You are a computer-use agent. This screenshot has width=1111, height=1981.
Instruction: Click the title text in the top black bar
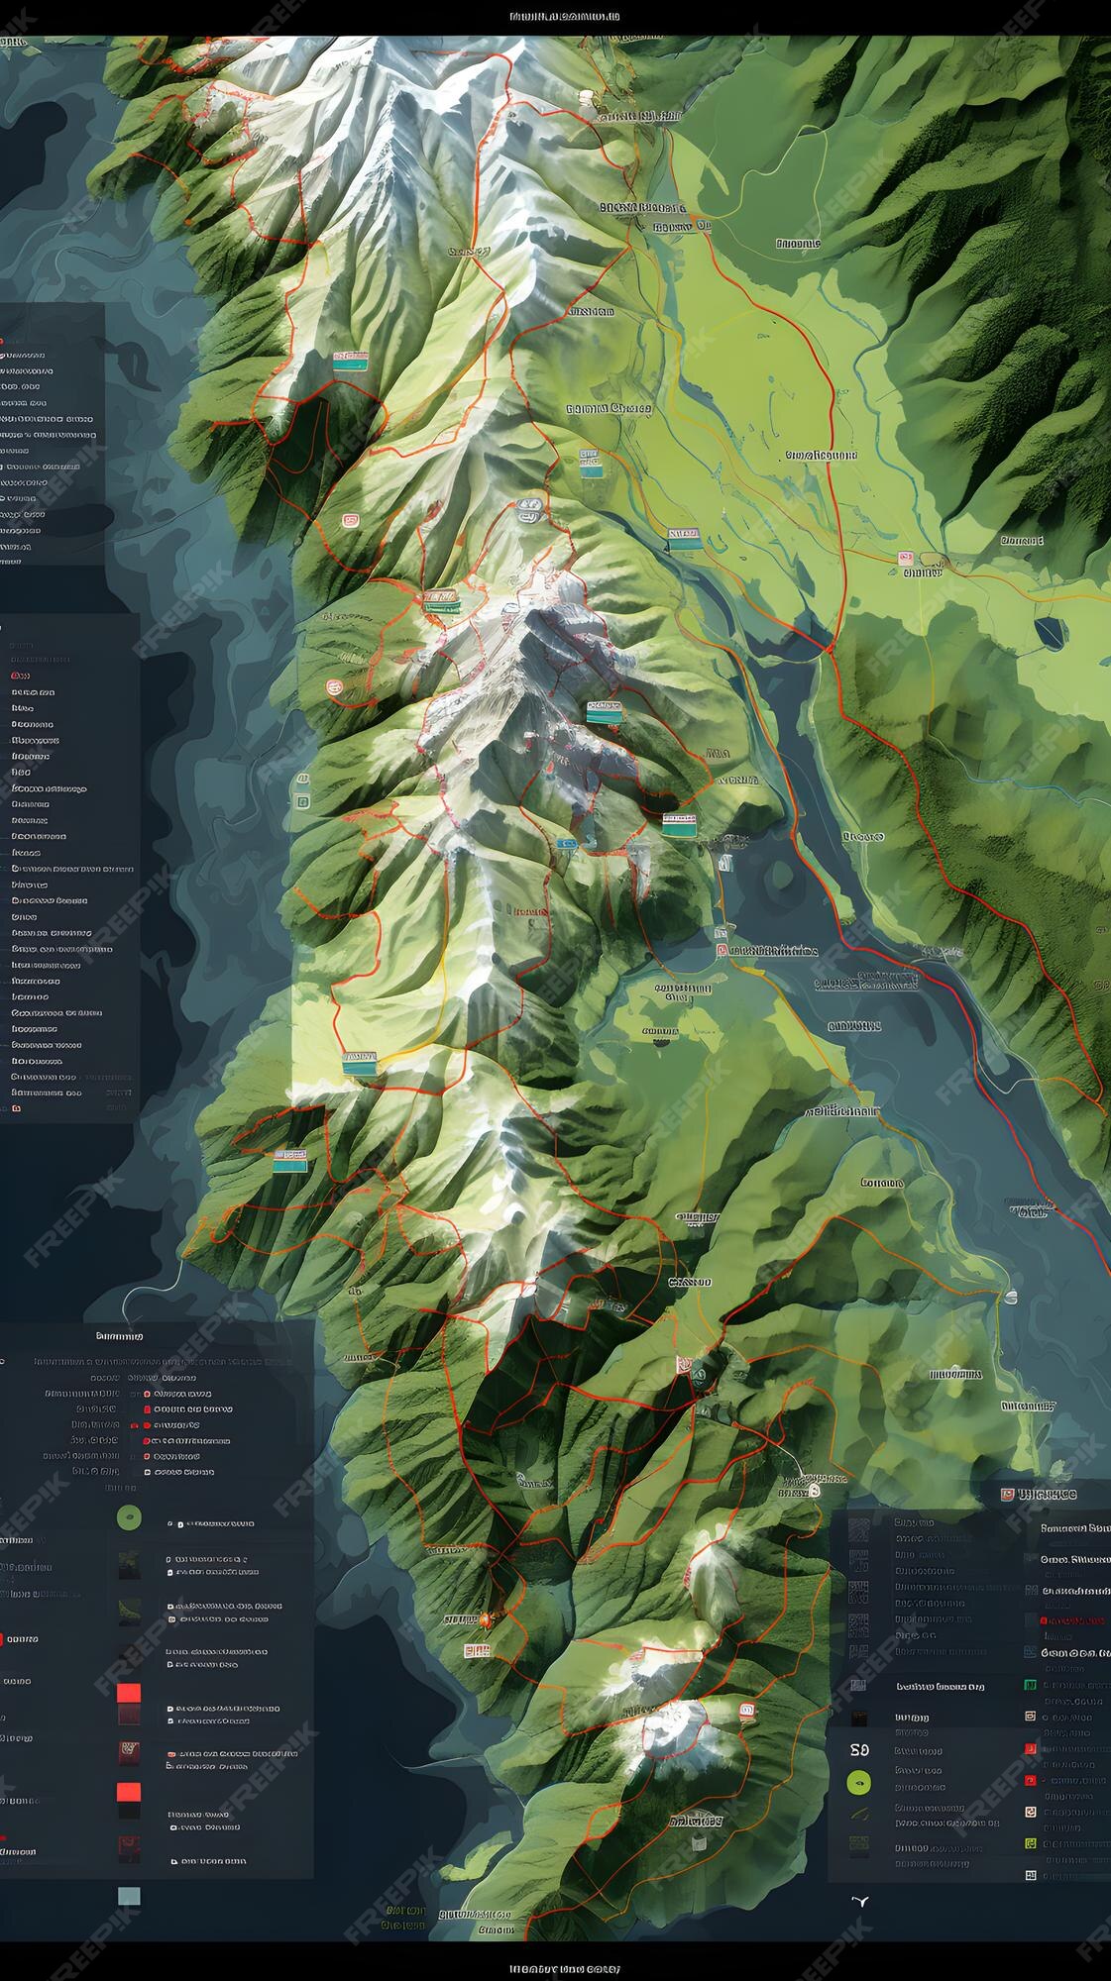tap(565, 16)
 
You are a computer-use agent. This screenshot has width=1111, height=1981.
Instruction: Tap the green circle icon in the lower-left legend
tap(129, 1516)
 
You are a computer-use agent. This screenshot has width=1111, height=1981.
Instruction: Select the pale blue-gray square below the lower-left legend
tap(129, 1896)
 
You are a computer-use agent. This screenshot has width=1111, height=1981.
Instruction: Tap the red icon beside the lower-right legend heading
tap(1008, 1494)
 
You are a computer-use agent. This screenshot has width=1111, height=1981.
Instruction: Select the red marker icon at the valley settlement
tap(905, 559)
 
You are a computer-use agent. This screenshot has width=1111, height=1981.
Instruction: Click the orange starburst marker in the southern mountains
tap(486, 1619)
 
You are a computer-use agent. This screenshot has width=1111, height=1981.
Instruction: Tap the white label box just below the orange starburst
tap(477, 1650)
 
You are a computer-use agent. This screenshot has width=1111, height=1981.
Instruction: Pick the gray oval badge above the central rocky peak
tap(529, 510)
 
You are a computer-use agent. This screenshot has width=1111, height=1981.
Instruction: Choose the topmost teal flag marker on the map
tap(349, 361)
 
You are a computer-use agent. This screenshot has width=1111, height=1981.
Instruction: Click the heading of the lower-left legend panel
tap(119, 1335)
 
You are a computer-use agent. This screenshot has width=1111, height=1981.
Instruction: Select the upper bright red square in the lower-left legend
tap(129, 1692)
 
